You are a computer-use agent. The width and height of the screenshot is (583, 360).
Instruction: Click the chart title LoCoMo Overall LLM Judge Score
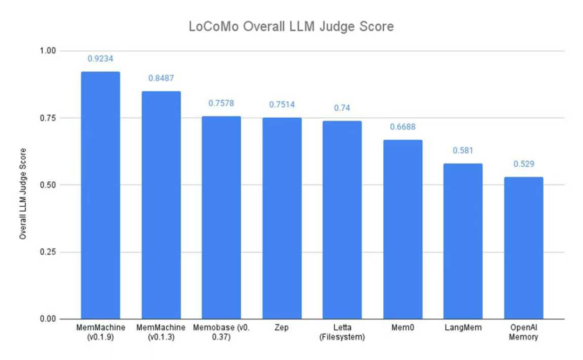coord(291,26)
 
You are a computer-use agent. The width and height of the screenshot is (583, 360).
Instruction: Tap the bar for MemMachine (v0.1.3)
coord(161,205)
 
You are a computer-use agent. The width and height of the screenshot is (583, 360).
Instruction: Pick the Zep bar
coord(282,218)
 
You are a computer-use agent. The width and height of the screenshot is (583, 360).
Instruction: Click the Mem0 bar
coord(403,229)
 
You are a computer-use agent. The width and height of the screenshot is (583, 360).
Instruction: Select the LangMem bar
coord(463,241)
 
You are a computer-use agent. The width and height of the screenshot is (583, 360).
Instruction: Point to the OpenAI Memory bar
coord(524,248)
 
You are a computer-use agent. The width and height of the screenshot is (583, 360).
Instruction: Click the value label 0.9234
coord(100,58)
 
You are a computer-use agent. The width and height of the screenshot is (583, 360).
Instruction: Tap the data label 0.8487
coord(161,78)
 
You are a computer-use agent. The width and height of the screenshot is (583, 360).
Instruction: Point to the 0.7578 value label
coord(221,103)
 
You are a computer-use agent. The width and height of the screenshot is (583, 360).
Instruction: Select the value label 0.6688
coord(403,127)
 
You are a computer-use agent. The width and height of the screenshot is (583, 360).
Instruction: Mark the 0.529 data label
coord(524,164)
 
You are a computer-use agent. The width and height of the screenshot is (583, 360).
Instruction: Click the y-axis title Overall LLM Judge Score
coord(23,194)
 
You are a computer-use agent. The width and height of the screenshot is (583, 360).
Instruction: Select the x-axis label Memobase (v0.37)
coord(221,332)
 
